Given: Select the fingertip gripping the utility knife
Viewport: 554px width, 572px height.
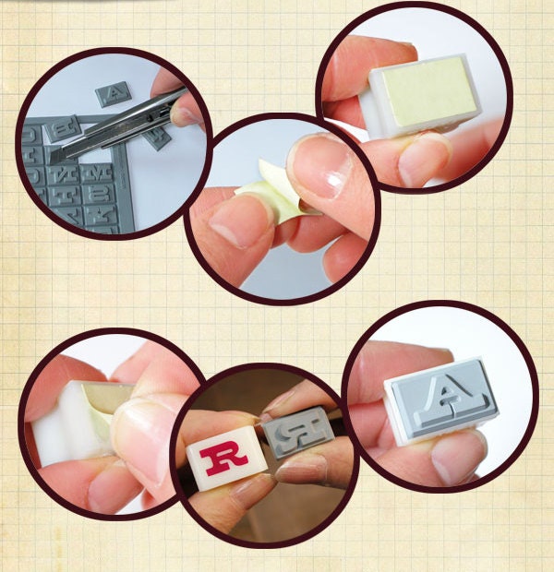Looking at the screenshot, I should point(186,108).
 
